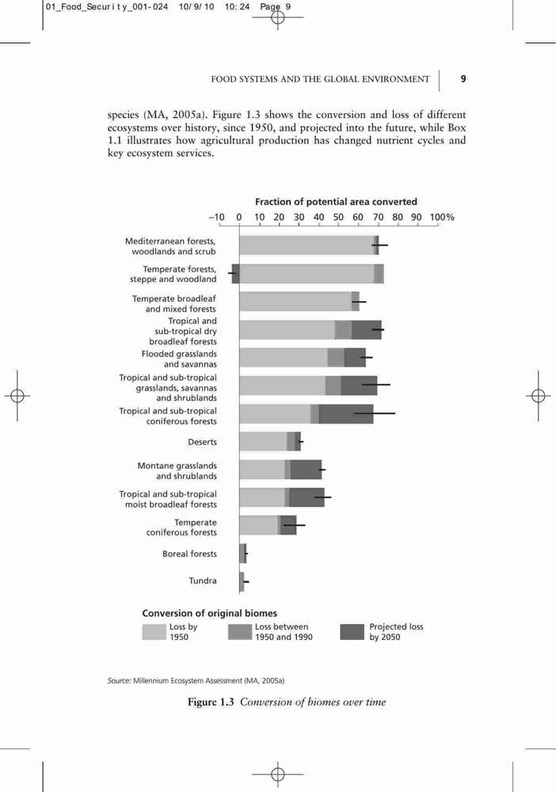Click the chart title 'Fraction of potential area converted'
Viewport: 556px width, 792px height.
click(x=336, y=202)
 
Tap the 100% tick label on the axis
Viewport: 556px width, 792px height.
click(x=442, y=217)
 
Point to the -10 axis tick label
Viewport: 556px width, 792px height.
click(x=217, y=217)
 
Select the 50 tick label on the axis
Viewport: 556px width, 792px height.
click(x=338, y=217)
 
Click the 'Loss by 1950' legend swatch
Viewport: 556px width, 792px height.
click(x=154, y=632)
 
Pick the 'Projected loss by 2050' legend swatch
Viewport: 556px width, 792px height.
click(x=352, y=632)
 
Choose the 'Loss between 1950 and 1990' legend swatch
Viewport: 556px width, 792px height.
click(x=240, y=632)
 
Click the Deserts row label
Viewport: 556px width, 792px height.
click(x=202, y=442)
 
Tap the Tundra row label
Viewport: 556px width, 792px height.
click(x=203, y=581)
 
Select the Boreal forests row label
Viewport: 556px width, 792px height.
click(x=189, y=554)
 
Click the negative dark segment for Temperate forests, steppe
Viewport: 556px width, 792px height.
click(x=235, y=274)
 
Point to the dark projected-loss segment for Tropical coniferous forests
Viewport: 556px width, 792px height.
click(x=346, y=413)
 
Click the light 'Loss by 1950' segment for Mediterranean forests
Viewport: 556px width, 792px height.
click(x=307, y=245)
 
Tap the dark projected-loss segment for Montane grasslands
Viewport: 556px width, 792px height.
click(x=306, y=469)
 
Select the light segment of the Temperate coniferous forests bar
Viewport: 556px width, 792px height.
click(x=258, y=525)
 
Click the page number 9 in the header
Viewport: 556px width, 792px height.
click(x=463, y=78)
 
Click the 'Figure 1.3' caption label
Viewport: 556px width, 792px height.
click(x=211, y=702)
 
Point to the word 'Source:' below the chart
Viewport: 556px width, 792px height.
click(x=119, y=681)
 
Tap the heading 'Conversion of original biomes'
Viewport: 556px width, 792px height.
click(x=210, y=613)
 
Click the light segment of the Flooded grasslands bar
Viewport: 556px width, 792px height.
click(x=284, y=357)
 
